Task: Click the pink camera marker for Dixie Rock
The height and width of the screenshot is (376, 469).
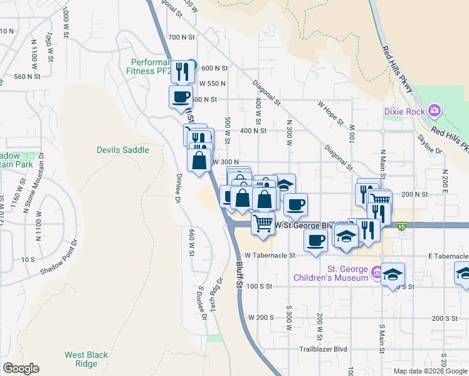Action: click(x=434, y=112)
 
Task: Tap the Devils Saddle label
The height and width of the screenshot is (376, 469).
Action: click(x=123, y=150)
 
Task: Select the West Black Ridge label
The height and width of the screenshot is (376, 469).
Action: click(x=81, y=359)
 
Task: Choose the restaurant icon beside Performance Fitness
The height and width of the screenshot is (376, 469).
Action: click(x=181, y=71)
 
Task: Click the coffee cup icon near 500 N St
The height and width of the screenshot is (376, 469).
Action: click(x=181, y=97)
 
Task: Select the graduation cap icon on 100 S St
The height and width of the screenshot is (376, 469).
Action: click(x=393, y=274)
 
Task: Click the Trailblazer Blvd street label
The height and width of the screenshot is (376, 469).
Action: click(x=323, y=349)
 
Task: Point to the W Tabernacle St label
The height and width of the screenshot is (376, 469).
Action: click(x=270, y=255)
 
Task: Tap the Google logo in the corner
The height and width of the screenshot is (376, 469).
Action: click(x=21, y=368)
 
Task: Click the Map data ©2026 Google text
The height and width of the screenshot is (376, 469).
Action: click(x=430, y=371)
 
